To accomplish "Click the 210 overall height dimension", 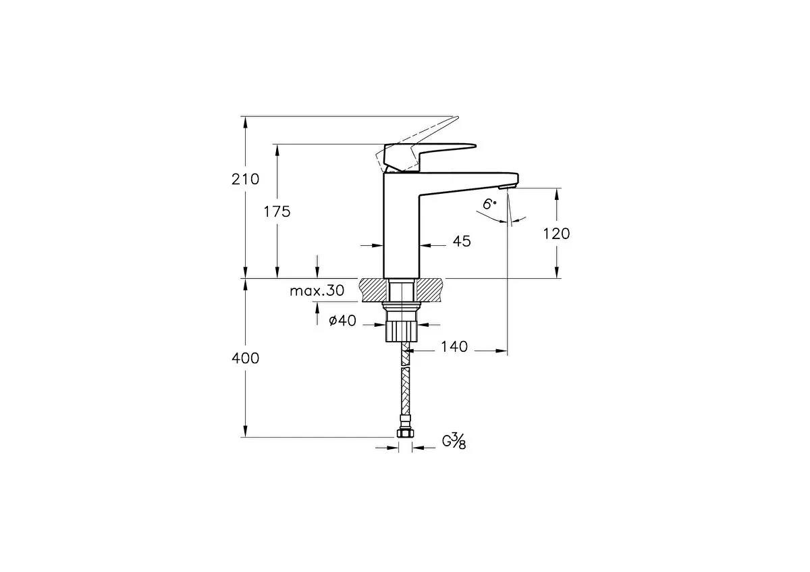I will pos(245,180).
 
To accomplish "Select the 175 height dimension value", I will pos(277,211).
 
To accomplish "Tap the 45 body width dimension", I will pos(462,241).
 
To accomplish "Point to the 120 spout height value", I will pos(556,234).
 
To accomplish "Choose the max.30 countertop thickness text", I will pos(317,291).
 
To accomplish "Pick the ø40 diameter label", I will pos(342,321).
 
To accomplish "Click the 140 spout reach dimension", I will pos(454,347).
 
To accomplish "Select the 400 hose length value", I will pos(245,359).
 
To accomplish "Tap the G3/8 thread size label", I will pos(454,442).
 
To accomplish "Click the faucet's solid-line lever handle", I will pos(432,152).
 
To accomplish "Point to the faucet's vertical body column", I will pos(402,230).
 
